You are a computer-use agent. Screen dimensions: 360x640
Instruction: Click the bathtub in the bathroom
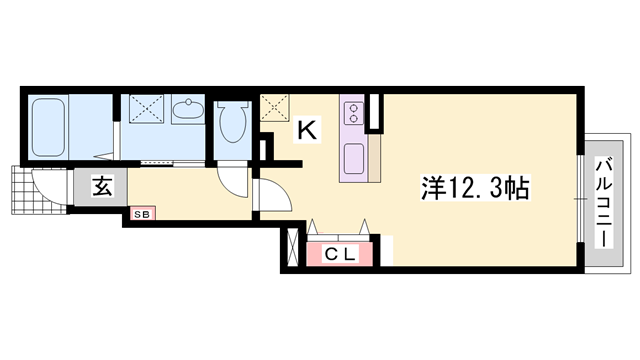[49, 127]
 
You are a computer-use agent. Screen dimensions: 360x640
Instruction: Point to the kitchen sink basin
[353, 157]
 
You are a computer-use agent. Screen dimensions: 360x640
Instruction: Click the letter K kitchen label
[307, 128]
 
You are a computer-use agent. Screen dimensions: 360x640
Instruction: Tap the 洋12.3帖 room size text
[474, 187]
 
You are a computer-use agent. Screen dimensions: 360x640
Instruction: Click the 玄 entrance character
[101, 186]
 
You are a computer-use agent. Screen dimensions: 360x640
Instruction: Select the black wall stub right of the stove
[374, 113]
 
